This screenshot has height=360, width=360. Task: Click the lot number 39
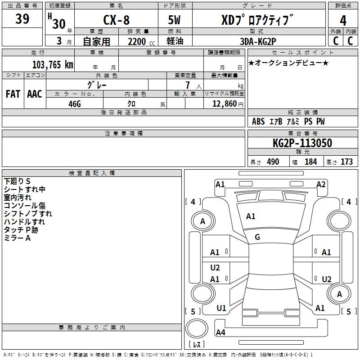tap(22, 19)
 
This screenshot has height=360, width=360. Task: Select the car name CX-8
tap(116, 21)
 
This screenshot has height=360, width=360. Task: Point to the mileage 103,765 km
tap(52, 64)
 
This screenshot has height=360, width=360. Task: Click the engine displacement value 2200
tap(137, 41)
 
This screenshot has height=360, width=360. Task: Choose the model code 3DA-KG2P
tap(257, 41)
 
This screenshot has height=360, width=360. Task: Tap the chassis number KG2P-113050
tap(302, 143)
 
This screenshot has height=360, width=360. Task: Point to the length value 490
tap(273, 162)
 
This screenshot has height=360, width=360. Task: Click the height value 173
tap(346, 162)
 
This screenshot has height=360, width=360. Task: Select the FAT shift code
tap(13, 94)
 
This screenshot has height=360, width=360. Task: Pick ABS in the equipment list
tap(258, 121)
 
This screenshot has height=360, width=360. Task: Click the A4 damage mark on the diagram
tap(220, 333)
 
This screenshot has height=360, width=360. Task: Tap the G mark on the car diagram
tap(257, 237)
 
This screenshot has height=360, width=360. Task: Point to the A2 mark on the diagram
tap(321, 184)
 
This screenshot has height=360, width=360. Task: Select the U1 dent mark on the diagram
tap(221, 308)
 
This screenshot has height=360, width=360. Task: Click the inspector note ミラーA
tap(17, 238)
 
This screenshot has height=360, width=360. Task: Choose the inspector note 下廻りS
tap(17, 181)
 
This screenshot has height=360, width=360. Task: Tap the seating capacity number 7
tap(188, 85)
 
